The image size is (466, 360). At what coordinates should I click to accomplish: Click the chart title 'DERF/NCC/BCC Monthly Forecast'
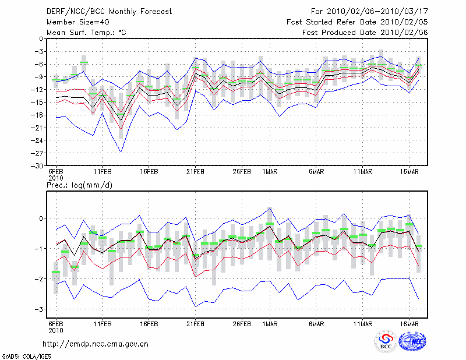[109, 12]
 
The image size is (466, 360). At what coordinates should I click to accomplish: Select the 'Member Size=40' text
[78, 22]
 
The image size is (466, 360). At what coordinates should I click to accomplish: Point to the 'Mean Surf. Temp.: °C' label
[86, 33]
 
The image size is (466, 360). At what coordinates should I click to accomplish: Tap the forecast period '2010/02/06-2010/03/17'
[377, 12]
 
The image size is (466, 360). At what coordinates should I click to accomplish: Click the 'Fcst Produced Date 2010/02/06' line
[365, 33]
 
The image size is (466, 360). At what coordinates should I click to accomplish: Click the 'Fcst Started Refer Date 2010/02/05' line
[357, 22]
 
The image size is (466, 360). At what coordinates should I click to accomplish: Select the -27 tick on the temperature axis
[37, 153]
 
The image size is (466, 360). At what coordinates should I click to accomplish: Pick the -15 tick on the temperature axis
[37, 103]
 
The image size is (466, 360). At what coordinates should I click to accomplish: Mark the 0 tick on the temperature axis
[41, 38]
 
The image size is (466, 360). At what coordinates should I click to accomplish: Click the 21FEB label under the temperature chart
[195, 172]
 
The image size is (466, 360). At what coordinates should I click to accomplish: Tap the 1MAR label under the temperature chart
[270, 172]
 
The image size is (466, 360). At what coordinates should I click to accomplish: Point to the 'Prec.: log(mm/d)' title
[79, 185]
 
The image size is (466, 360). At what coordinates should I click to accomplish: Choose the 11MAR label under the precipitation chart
[362, 324]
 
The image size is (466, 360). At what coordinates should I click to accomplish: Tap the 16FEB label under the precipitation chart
[149, 324]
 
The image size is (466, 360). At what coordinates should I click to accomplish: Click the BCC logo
[386, 341]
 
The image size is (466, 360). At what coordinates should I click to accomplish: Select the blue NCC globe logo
[412, 341]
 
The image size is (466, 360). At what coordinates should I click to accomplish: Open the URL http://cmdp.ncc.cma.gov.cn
[96, 344]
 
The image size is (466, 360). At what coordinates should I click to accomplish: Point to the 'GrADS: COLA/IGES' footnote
[26, 357]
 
